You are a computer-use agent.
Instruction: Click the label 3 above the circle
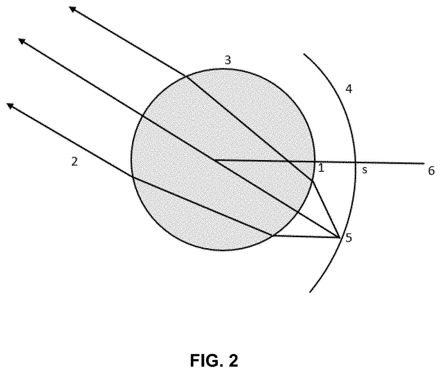(228, 60)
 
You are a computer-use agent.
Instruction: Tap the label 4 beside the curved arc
(349, 89)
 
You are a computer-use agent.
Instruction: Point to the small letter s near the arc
(365, 171)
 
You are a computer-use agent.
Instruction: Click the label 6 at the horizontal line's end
(431, 171)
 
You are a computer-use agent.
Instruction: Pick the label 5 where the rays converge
(349, 238)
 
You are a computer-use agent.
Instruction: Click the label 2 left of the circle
(74, 162)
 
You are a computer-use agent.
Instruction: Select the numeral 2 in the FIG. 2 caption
(233, 360)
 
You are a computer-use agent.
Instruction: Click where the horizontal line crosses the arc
(355, 163)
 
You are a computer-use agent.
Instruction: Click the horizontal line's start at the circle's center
(214, 160)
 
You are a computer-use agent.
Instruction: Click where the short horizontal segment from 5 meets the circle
(273, 236)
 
